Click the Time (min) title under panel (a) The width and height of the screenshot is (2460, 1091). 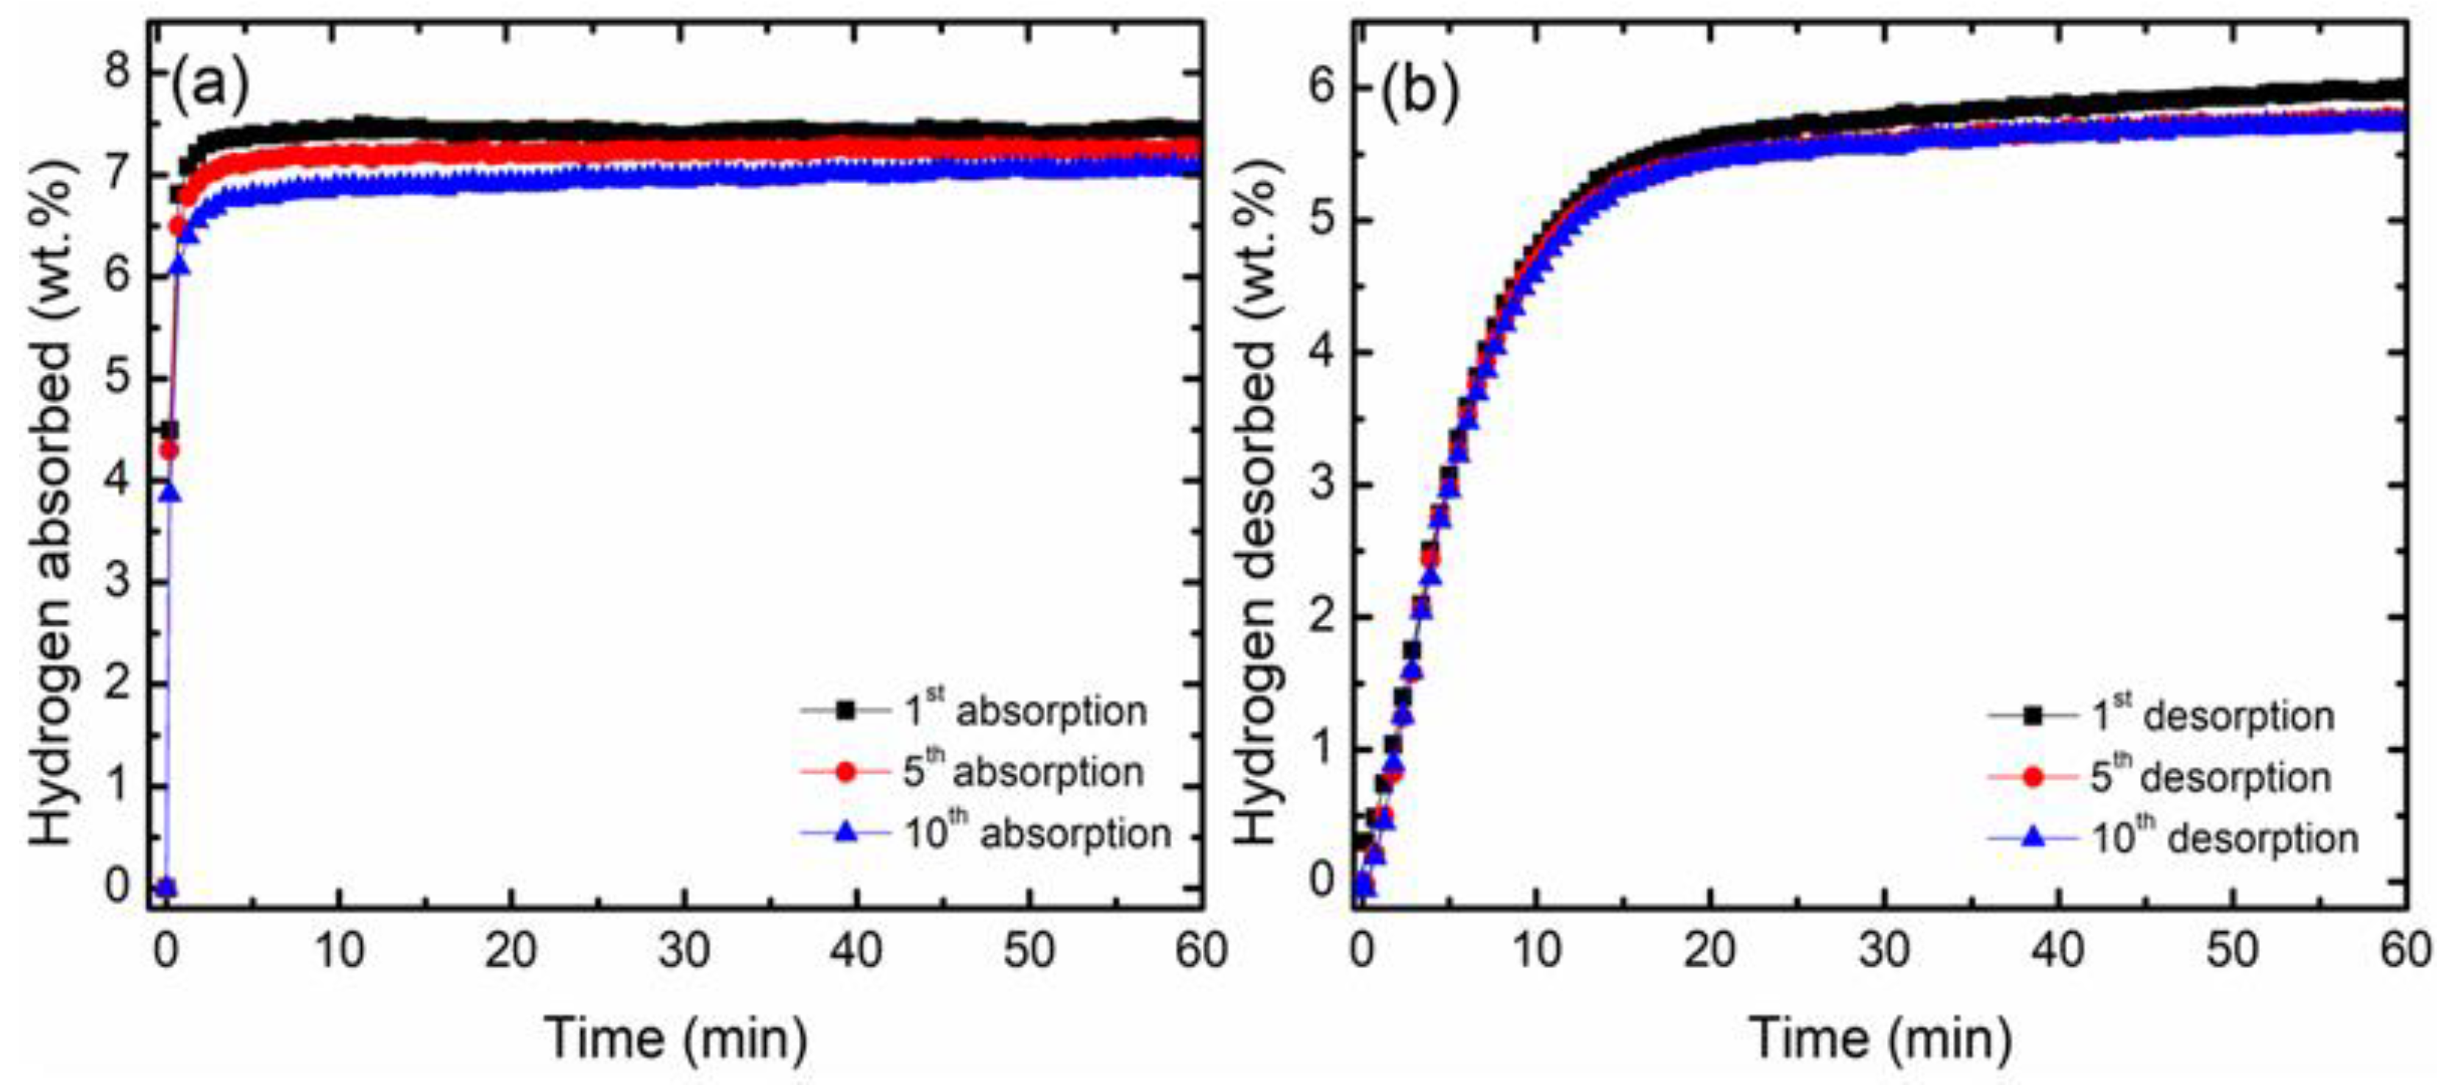coord(676,1037)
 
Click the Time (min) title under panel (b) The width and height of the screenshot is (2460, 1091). coord(1880,1037)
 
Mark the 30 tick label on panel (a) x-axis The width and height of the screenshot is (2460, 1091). coord(683,950)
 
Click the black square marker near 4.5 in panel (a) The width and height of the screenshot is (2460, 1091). coord(169,430)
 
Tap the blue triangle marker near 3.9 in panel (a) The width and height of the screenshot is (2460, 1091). coord(170,492)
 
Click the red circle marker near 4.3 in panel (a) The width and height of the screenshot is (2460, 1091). coord(168,449)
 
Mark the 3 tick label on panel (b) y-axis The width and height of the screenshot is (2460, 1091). coord(1322,484)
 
